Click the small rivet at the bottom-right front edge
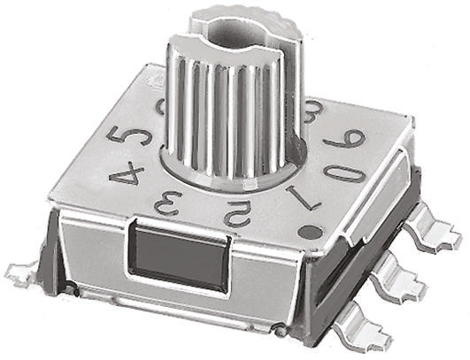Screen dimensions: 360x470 [278, 330]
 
